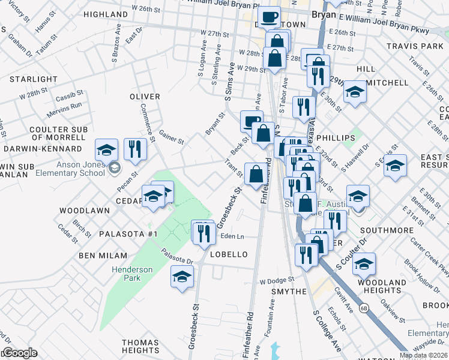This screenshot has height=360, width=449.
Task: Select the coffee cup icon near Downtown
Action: pos(269,17)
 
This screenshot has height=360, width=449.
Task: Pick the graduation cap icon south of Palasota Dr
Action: pos(182,277)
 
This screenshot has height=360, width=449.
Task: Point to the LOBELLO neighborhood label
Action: pos(229,254)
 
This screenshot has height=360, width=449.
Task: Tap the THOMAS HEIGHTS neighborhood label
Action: pos(140,346)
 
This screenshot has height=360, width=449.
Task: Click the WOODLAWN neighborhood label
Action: pos(84,211)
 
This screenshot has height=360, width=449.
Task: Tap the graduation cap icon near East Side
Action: pos(396,165)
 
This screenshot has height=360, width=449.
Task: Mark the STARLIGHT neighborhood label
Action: pos(33,79)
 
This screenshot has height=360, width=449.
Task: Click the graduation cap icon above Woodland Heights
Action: pos(364,263)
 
